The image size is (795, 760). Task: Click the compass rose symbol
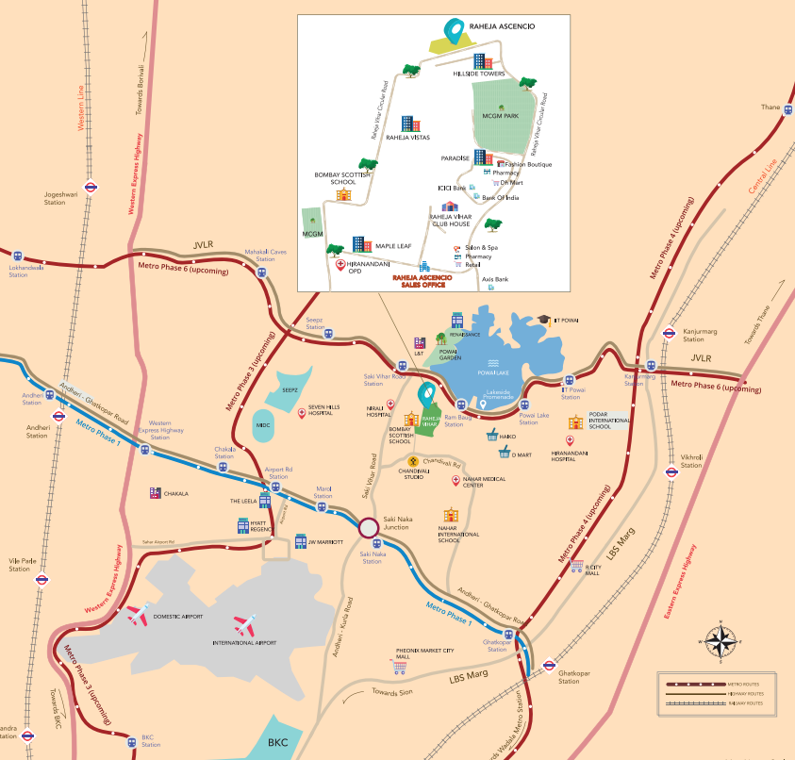coord(721,642)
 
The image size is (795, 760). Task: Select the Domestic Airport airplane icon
coord(140,616)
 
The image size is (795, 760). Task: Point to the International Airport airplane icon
coord(244,624)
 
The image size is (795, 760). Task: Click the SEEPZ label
coord(290,389)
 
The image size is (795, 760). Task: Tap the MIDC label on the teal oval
coord(263,425)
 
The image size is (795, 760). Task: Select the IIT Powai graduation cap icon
coord(544,320)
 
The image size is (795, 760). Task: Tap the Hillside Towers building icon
coord(483,61)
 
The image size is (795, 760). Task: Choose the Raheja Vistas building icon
coord(408,124)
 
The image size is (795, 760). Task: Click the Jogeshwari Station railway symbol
coord(91,187)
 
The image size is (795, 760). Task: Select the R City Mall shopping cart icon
coord(576,564)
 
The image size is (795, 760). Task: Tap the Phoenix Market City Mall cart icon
coord(400,666)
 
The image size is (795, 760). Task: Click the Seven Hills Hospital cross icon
coord(302,413)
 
